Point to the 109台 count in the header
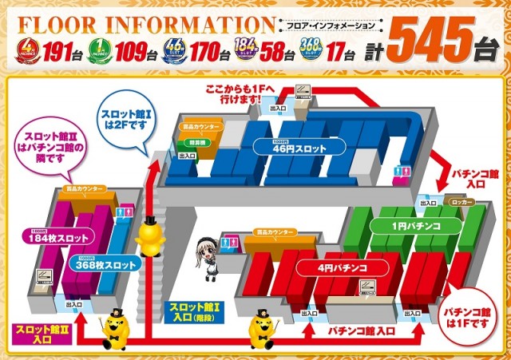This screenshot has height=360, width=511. [x=135, y=54]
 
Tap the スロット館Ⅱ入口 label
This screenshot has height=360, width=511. [x=33, y=334]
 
